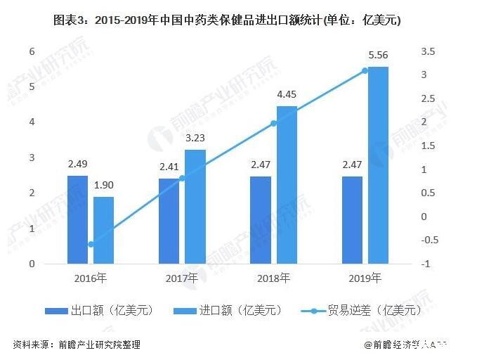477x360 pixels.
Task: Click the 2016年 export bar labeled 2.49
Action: coord(77,219)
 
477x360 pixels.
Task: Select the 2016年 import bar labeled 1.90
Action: coord(103,230)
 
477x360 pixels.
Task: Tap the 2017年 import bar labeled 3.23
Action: coord(195,207)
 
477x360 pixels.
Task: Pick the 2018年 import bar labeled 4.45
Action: coord(287,185)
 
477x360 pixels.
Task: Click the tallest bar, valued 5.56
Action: coord(378,165)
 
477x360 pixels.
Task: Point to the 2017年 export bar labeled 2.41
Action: coord(169,221)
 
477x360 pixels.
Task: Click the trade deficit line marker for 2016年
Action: coord(91,245)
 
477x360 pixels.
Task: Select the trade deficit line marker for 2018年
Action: coord(274,123)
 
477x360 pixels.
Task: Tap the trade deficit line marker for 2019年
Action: coord(365,70)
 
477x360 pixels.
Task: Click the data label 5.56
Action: coord(378,54)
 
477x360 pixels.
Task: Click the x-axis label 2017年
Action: coord(182,278)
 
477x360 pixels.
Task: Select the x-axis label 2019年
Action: coord(365,278)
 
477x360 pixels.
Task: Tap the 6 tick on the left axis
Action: coord(32,51)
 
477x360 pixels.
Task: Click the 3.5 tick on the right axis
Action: coord(428,51)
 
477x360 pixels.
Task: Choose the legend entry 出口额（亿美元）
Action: coord(99,309)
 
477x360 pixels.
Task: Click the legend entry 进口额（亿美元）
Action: coord(229,309)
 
